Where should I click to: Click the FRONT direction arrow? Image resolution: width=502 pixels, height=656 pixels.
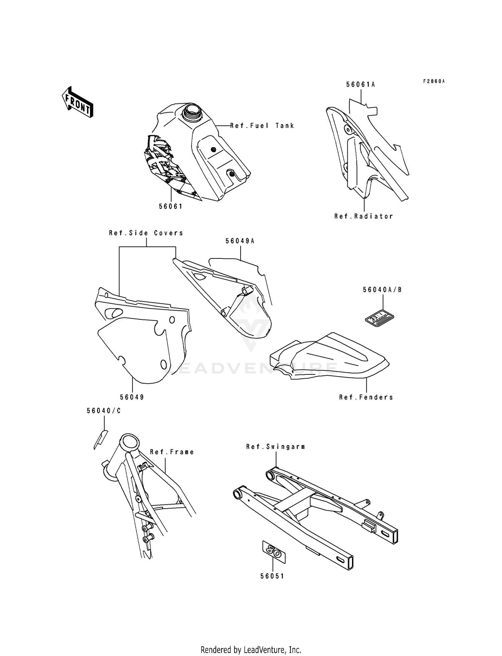(78, 102)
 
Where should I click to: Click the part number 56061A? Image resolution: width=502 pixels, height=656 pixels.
(360, 85)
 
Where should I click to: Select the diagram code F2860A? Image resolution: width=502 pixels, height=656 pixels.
(434, 81)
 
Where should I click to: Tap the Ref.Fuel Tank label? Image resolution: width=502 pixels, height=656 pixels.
(262, 126)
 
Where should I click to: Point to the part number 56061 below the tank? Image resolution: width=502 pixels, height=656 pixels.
(171, 206)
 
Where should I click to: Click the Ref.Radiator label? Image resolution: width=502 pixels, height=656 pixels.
(364, 216)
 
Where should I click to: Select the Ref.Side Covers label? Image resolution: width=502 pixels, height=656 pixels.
(146, 233)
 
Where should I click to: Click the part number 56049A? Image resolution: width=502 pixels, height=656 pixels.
(240, 241)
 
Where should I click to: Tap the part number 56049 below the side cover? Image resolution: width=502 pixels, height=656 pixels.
(132, 397)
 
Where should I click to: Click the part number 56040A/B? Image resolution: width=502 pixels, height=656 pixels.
(382, 290)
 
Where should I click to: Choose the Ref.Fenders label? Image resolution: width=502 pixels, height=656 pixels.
(366, 397)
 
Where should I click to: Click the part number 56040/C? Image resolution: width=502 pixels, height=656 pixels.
(104, 411)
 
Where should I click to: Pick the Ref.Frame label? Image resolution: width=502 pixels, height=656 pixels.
(172, 452)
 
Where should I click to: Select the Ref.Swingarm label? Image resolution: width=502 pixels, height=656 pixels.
(275, 447)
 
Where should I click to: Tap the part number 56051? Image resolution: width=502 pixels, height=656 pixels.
(272, 576)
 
